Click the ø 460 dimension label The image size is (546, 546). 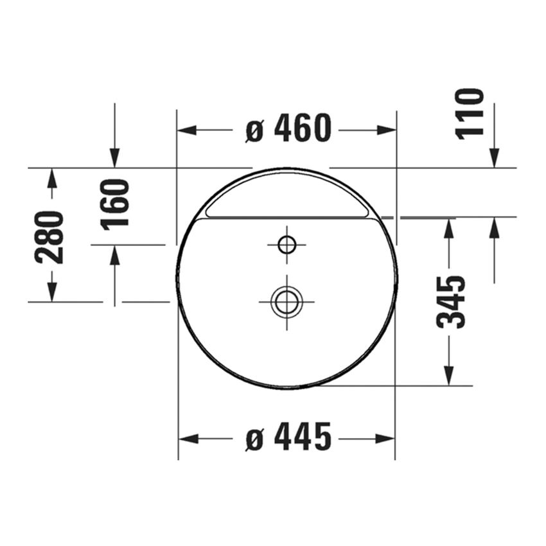pos(288,128)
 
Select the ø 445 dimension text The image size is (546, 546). pos(288,436)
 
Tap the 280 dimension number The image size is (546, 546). pos(49,237)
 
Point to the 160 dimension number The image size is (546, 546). pos(115,205)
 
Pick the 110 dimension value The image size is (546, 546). pos(470,114)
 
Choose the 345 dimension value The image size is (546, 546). pos(450,303)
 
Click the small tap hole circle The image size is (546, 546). pos(287,245)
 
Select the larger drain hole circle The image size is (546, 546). pos(287,302)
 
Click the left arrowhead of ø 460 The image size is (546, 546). pos(187,130)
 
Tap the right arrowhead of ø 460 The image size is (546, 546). pos(387,130)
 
